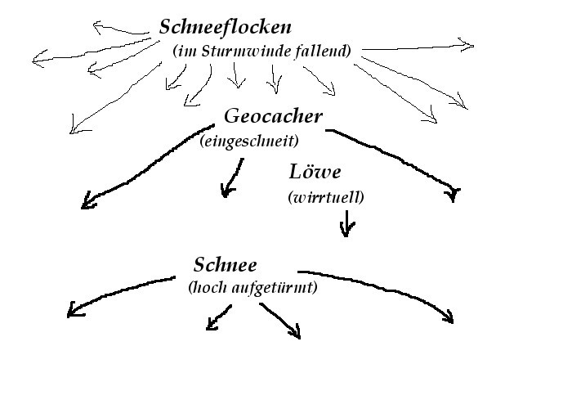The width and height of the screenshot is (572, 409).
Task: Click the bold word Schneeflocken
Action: point(225,26)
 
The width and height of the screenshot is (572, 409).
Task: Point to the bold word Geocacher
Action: point(273,116)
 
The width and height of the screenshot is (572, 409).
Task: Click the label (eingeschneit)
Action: point(248,142)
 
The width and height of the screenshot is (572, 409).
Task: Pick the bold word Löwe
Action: point(314,173)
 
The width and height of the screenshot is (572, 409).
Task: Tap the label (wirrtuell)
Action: point(325,198)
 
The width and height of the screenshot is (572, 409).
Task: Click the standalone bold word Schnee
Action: point(226,264)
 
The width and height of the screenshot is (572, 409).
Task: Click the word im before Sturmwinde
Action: point(184,51)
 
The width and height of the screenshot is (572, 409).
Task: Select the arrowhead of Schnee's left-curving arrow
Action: point(72,310)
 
